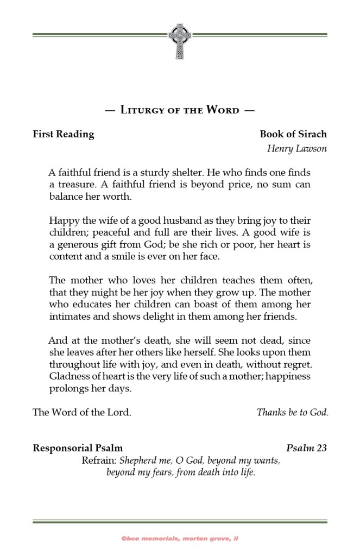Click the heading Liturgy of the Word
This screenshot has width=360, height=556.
[180, 110]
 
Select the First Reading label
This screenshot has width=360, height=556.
[64, 134]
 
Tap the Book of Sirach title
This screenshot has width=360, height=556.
[293, 134]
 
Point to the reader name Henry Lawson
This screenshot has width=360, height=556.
[297, 149]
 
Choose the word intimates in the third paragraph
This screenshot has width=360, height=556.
[67, 316]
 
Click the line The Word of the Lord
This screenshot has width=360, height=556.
[82, 412]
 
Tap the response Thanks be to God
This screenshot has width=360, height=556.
[292, 412]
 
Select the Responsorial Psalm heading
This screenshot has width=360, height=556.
[78, 448]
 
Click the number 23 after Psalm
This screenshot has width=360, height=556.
[321, 448]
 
